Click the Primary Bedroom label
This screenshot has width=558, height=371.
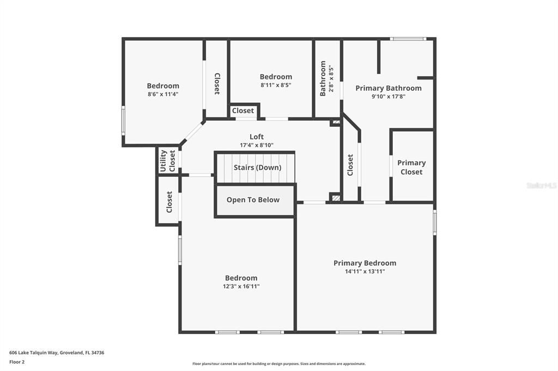coord(365,263)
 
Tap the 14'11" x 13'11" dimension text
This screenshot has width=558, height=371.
coord(365,271)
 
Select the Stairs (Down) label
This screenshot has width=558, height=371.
coord(257,168)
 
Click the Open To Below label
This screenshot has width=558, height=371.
coord(253,200)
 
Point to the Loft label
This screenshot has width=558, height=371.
coord(256,137)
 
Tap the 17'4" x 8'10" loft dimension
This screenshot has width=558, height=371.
coord(256,145)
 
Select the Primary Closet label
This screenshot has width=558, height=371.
coord(411,167)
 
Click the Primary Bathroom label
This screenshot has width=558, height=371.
coord(388,88)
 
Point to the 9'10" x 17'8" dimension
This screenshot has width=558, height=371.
coord(388,96)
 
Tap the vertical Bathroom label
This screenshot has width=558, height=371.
coord(323,78)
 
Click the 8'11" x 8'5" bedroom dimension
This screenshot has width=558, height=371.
coord(276,85)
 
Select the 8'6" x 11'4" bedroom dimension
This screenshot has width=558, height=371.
coord(163,94)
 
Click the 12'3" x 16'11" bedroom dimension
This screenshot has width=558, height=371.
coord(241,286)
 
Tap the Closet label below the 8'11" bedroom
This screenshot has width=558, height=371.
coord(242,110)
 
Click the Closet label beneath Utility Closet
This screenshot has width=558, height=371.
coord(169,201)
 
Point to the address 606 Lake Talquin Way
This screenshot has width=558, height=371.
coord(57,353)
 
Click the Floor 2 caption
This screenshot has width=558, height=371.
coord(17,362)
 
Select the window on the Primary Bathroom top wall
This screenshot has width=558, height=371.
coord(408,39)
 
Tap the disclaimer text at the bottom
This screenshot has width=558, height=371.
coord(278,364)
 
